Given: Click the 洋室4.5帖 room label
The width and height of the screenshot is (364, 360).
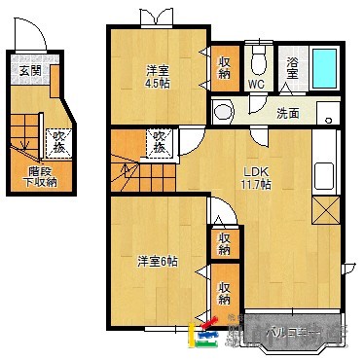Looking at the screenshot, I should [x=159, y=75].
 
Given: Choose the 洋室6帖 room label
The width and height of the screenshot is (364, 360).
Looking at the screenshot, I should [x=156, y=261].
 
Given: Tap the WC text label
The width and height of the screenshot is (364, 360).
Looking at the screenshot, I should [x=256, y=85].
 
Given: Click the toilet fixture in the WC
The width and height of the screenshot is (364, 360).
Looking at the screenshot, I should [x=257, y=62].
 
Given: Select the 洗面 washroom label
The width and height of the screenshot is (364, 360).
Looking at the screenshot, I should [x=287, y=112].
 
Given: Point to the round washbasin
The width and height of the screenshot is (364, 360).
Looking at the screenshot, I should [x=224, y=112].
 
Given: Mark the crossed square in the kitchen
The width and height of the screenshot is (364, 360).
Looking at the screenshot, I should [x=325, y=209].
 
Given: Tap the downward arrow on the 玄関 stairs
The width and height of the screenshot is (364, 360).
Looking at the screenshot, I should [x=23, y=146].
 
